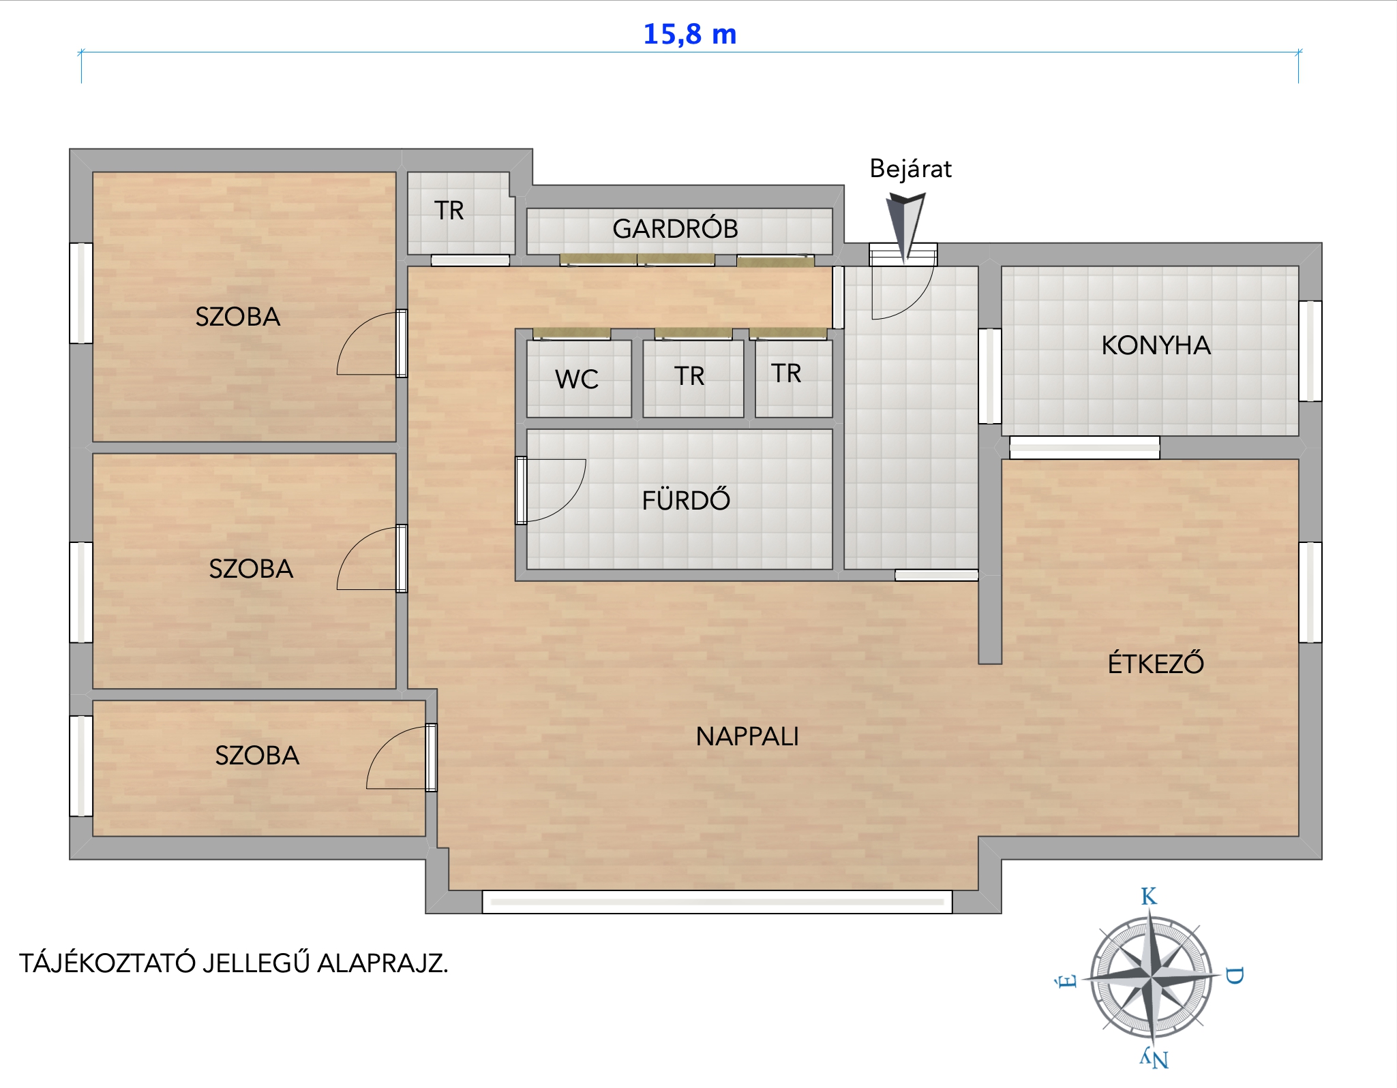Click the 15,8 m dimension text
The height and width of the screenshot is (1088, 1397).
coord(690,34)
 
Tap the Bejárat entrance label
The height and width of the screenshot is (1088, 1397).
coord(910,168)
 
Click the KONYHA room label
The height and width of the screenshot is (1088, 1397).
coord(1156,345)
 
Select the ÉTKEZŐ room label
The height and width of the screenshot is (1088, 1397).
coord(1156,662)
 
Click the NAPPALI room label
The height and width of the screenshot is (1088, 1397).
coord(747,736)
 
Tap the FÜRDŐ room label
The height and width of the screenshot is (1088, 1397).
coord(686,499)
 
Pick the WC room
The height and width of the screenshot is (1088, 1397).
coord(579,379)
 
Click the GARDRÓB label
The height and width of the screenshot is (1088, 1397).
coord(675,229)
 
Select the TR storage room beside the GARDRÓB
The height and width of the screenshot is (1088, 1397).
coord(461,213)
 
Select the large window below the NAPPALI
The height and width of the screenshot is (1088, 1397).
coord(717,901)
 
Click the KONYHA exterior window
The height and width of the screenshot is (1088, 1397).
coord(1310,351)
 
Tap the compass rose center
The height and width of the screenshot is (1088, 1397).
coord(1151,979)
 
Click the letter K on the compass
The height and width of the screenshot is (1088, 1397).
coord(1149,897)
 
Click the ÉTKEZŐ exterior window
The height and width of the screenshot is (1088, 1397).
coord(1310,592)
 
